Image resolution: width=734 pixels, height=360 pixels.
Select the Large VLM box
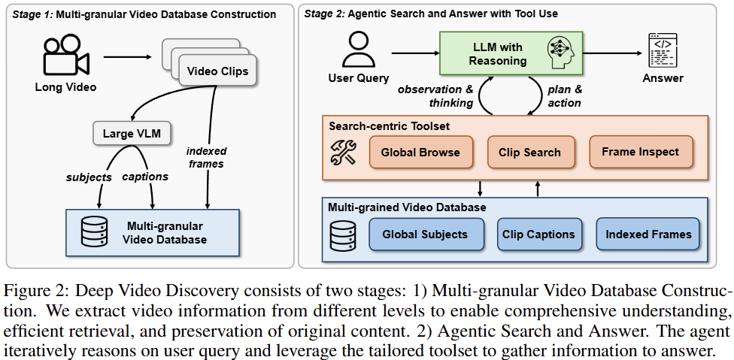131,135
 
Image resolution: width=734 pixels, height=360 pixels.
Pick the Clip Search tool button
529,152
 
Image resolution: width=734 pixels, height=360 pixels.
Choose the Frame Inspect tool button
640,152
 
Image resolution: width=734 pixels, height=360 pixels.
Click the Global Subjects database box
425,234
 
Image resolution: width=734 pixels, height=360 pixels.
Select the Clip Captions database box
538,234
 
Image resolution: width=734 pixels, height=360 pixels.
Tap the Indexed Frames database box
648,234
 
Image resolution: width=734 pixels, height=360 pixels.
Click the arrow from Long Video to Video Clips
129,56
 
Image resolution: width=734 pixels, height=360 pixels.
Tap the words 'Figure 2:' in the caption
30,291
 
